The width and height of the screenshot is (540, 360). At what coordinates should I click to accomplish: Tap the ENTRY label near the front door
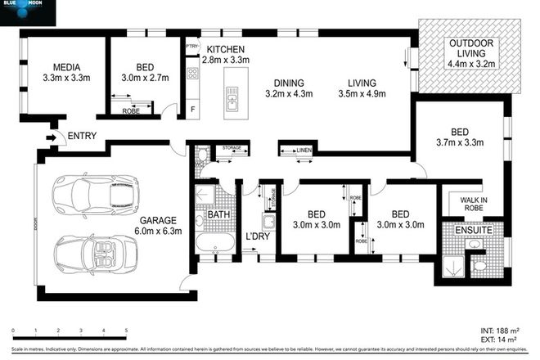(83, 137)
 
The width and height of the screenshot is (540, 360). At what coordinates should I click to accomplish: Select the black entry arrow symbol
(55, 137)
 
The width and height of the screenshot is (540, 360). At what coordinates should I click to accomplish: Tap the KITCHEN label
(226, 48)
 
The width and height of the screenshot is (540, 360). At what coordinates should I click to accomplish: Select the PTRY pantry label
(193, 46)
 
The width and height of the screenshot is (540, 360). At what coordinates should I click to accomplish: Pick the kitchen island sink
(232, 101)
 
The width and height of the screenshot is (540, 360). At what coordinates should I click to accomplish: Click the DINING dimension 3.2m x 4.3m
(290, 94)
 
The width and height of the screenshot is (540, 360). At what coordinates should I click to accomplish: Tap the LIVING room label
(361, 83)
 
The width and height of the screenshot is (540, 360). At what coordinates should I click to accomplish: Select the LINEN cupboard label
(301, 151)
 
